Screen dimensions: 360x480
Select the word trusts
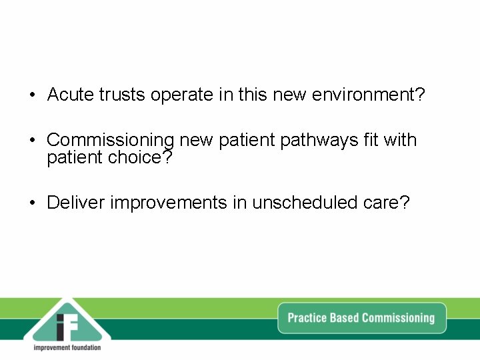[123, 95]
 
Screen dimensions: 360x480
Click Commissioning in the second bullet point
[110, 141]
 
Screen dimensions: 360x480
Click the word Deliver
[75, 203]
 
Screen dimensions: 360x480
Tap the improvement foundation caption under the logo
[67, 347]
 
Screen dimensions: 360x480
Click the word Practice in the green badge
[308, 318]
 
